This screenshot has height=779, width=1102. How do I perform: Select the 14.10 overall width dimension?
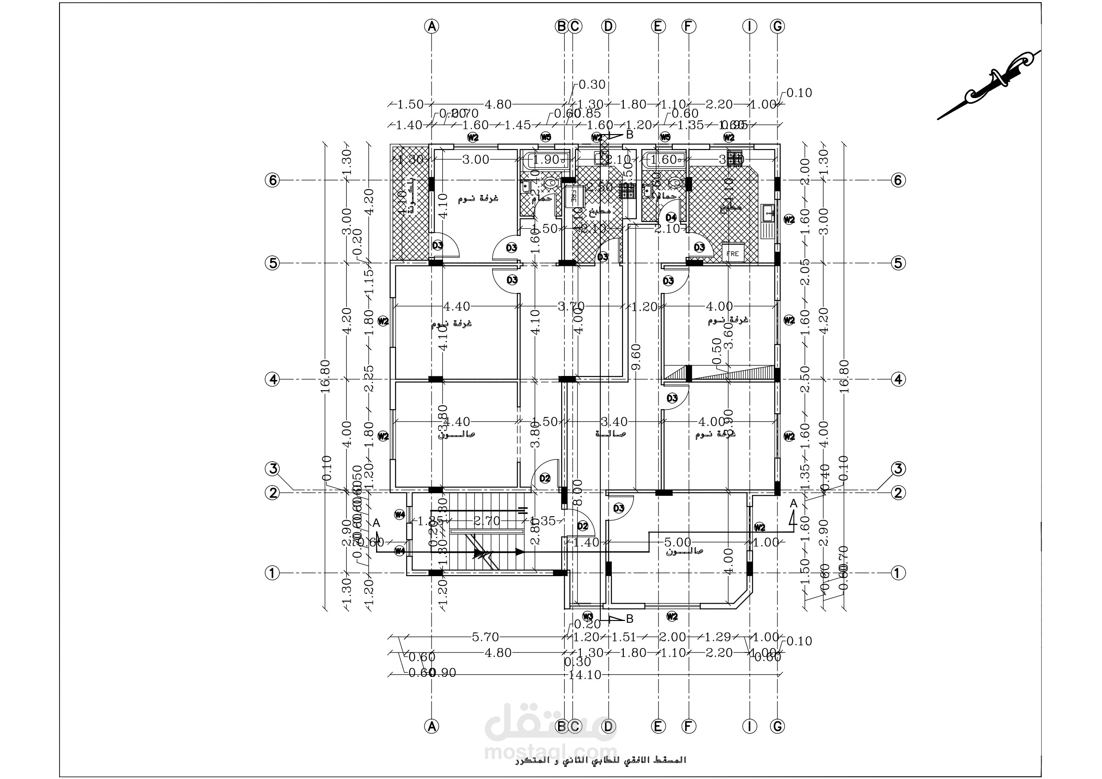(x=584, y=675)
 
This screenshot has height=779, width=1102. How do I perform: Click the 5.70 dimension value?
(x=485, y=637)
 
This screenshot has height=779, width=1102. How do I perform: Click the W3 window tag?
(x=587, y=616)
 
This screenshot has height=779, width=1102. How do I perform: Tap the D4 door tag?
(x=671, y=217)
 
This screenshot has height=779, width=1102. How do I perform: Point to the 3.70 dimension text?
(x=571, y=306)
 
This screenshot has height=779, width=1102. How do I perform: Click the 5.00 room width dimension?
(x=677, y=542)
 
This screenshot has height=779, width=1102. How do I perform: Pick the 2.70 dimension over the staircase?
(x=487, y=521)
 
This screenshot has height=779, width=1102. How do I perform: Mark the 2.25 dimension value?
(x=369, y=379)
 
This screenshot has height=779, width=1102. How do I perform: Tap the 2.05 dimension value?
(x=805, y=273)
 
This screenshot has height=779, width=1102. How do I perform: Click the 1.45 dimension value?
(x=517, y=125)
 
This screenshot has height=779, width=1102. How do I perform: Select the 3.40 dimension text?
(x=614, y=422)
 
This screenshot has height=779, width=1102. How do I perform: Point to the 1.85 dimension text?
(x=430, y=521)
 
